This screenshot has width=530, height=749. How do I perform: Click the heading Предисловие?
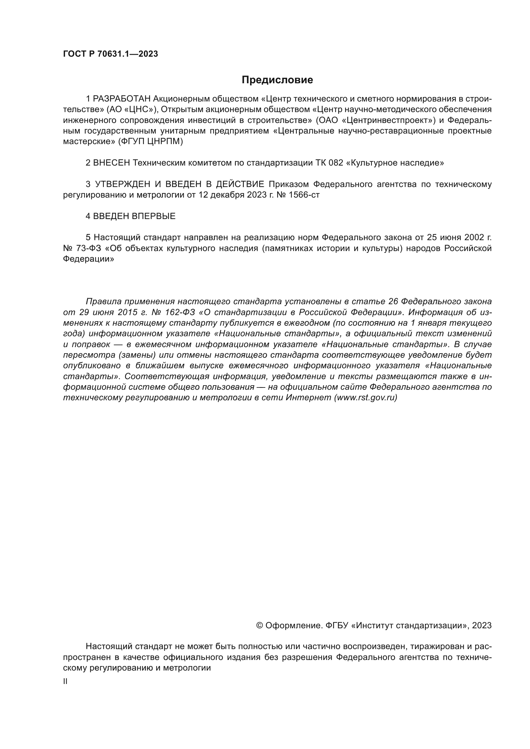[x=277, y=80]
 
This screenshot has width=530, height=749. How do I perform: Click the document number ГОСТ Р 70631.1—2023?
[x=110, y=54]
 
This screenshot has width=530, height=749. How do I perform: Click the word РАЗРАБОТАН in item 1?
[x=122, y=99]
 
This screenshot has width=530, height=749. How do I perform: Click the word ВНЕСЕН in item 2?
[x=112, y=163]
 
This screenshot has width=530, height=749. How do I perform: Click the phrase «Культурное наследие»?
[x=396, y=163]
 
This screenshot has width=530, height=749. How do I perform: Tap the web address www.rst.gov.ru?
[x=366, y=398]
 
